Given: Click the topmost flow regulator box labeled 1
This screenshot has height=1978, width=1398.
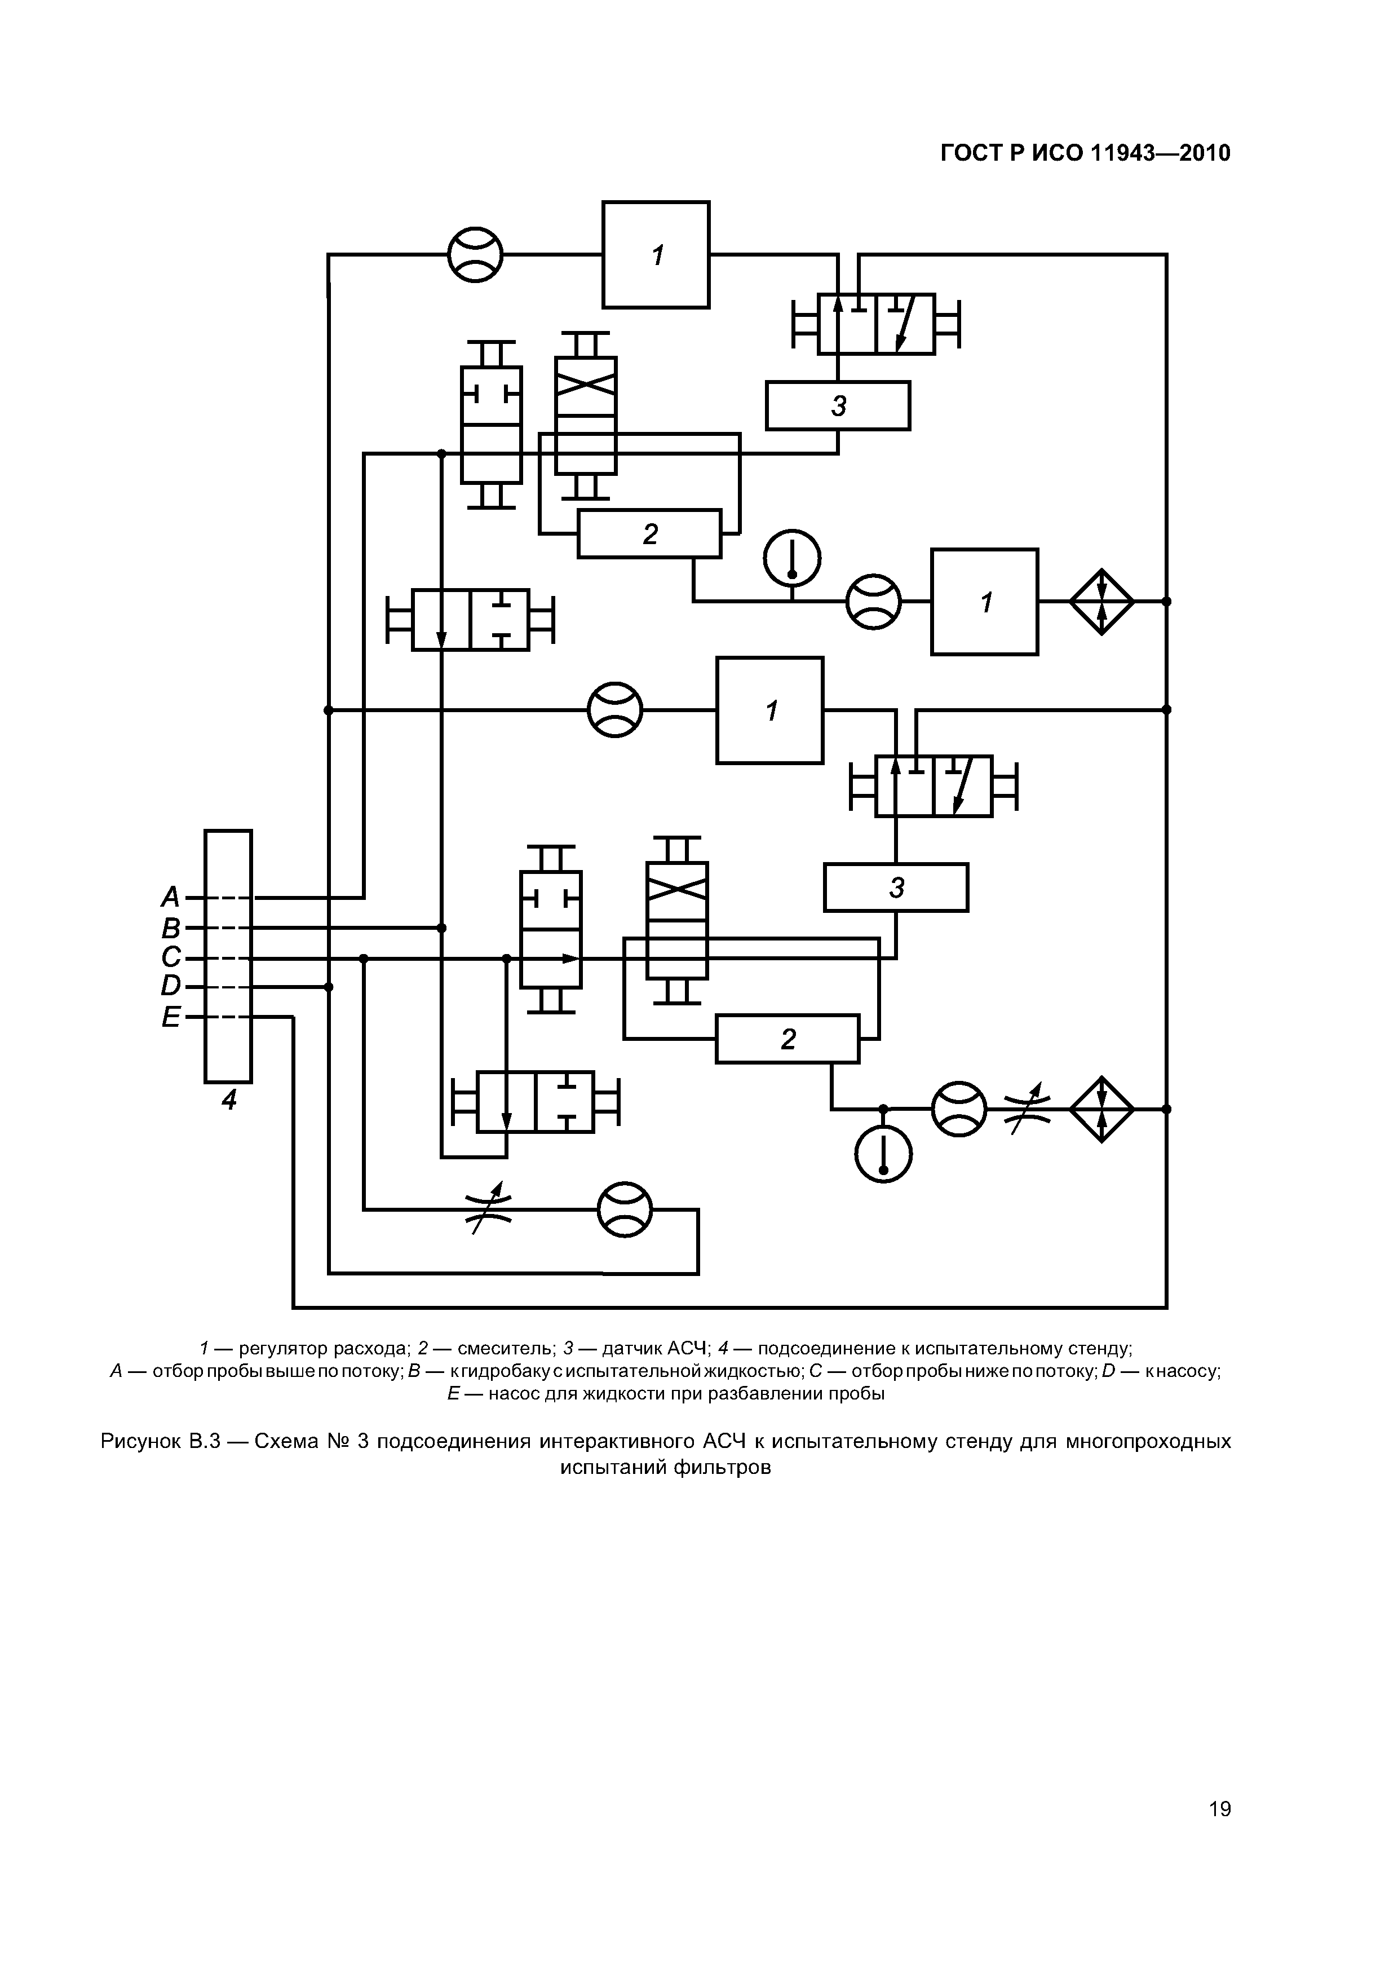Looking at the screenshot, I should pos(656,255).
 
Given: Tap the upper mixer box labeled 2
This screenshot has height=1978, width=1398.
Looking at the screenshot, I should pos(649,534).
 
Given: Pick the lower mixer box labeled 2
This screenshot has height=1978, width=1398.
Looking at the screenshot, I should pos(788,1039).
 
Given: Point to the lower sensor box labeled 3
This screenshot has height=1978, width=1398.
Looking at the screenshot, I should pos(896,888).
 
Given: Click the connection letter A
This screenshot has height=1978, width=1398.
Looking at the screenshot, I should pos(171,898).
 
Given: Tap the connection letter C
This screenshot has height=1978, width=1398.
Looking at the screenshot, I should pos(171,957).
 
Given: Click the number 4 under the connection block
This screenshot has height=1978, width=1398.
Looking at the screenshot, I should pos(228,1100).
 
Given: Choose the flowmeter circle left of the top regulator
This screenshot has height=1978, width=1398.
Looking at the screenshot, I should pos(475,255).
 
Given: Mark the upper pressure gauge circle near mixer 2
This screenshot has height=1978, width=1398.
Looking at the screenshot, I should pos(793,558).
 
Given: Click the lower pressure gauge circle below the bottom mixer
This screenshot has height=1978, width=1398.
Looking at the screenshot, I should pos(883,1154).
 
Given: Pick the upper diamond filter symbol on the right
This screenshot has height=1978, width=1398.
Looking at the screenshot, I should pos(1101,601).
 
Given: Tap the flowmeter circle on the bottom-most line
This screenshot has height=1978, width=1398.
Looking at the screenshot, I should pos(625,1209).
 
